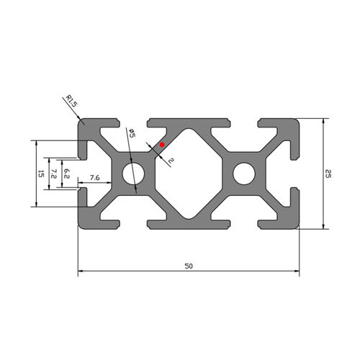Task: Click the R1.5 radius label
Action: (71, 101)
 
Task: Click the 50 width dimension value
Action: (189, 266)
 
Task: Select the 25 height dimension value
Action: (328, 174)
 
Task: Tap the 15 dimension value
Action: (41, 174)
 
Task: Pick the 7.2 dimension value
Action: (54, 174)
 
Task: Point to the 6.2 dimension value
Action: (67, 174)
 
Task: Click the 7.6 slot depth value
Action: (94, 178)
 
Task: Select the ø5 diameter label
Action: (132, 133)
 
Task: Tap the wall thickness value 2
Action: (171, 161)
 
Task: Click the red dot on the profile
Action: (162, 145)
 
